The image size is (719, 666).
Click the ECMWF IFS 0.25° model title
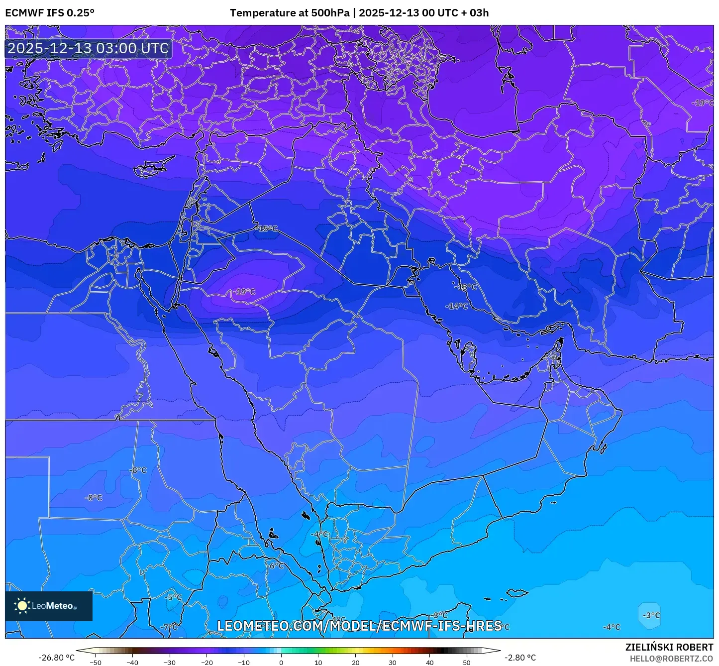click(x=50, y=13)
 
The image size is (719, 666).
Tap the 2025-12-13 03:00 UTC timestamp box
click(x=89, y=49)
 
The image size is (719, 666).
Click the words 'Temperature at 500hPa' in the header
click(x=290, y=13)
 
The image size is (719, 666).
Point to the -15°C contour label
click(x=268, y=228)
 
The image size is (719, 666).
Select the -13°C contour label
click(x=467, y=287)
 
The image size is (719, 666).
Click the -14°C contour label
click(x=457, y=306)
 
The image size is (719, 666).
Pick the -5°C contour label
click(x=173, y=597)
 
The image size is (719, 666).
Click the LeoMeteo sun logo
click(x=22, y=606)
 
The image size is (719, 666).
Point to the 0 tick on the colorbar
click(x=281, y=662)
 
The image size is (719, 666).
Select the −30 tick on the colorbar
click(x=170, y=662)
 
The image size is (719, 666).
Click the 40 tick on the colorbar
click(x=429, y=662)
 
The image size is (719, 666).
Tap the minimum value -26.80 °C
click(x=56, y=658)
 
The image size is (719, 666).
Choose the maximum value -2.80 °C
click(x=520, y=658)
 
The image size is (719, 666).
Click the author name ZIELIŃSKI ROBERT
click(x=669, y=647)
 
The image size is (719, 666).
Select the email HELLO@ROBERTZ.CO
click(x=671, y=659)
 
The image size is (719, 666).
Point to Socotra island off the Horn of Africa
click(x=517, y=593)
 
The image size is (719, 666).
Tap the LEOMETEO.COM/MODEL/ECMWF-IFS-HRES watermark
click(x=359, y=626)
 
